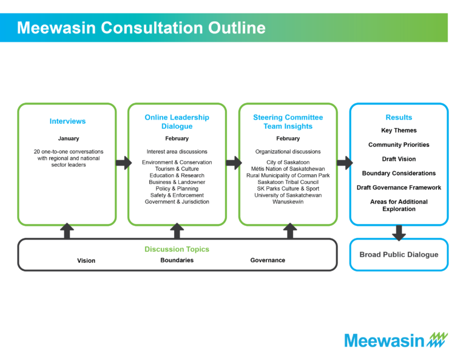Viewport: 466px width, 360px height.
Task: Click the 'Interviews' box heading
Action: click(67, 121)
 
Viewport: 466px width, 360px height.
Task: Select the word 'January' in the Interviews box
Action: click(69, 138)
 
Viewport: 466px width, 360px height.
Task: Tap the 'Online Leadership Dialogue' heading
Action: click(177, 121)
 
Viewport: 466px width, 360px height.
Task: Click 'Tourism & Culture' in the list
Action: click(177, 169)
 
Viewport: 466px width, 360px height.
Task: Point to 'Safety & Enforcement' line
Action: click(177, 195)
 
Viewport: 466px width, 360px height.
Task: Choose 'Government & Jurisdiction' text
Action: click(177, 202)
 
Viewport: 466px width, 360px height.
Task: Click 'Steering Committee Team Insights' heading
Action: click(288, 121)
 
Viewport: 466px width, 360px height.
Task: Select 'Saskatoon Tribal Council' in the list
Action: click(288, 182)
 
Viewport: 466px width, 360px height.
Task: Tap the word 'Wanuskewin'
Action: click(288, 202)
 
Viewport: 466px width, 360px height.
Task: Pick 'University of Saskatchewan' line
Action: click(288, 195)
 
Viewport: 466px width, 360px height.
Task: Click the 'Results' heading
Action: click(399, 117)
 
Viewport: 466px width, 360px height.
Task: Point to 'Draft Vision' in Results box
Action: click(399, 159)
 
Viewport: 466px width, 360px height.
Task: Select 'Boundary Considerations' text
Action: click(399, 173)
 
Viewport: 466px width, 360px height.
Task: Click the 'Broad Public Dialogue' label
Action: click(399, 254)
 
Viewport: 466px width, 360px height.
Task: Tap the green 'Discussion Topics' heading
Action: click(177, 249)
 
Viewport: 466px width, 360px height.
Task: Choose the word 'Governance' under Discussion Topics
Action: click(268, 260)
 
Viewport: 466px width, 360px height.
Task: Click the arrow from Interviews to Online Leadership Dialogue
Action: click(124, 163)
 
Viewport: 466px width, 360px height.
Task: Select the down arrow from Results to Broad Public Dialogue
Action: click(399, 233)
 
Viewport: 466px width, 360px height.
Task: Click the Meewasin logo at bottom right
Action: click(396, 340)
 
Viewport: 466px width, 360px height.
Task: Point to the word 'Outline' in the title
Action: click(237, 28)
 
